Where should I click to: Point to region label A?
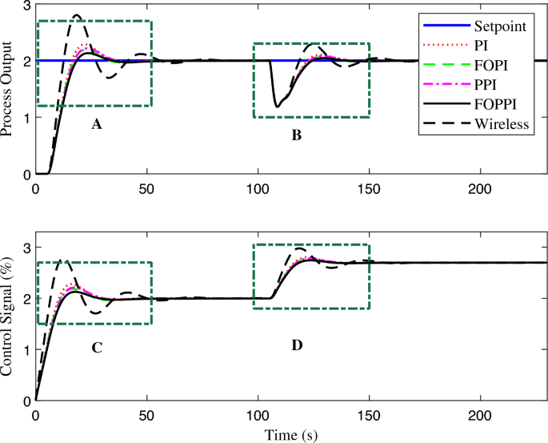98,125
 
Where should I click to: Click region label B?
296,136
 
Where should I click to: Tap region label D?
297,345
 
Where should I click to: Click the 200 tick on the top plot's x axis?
479,188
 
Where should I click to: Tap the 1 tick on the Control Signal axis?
26,349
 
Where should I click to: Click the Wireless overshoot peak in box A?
76,15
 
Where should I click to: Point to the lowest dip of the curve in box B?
277,106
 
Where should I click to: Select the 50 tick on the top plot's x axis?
146,188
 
